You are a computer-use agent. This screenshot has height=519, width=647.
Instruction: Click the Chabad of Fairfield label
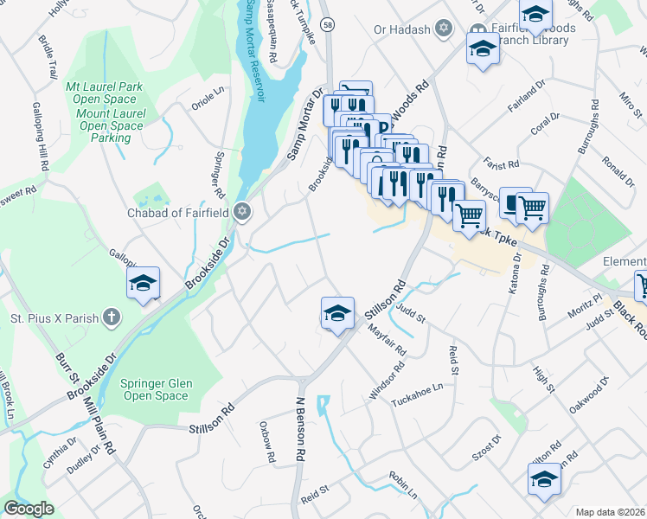178,213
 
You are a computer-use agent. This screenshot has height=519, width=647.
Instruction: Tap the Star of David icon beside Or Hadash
444,29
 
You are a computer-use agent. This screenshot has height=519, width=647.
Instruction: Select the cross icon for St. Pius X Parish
111,317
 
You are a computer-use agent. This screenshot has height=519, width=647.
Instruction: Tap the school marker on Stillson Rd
337,313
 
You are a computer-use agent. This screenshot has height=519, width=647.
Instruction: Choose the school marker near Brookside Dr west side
143,283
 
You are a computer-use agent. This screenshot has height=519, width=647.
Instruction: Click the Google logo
29,509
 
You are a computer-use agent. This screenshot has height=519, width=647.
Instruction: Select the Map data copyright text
611,512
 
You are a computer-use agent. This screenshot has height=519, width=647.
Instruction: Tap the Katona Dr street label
516,273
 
